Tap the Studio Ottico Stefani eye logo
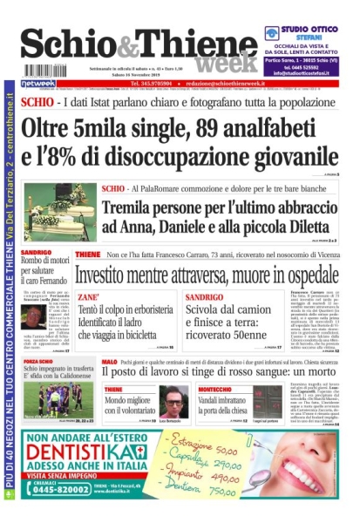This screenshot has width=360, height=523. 273,33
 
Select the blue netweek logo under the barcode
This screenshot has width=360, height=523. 37,84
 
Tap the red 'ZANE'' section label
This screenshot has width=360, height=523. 88,297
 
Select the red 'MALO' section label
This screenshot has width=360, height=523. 110,360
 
